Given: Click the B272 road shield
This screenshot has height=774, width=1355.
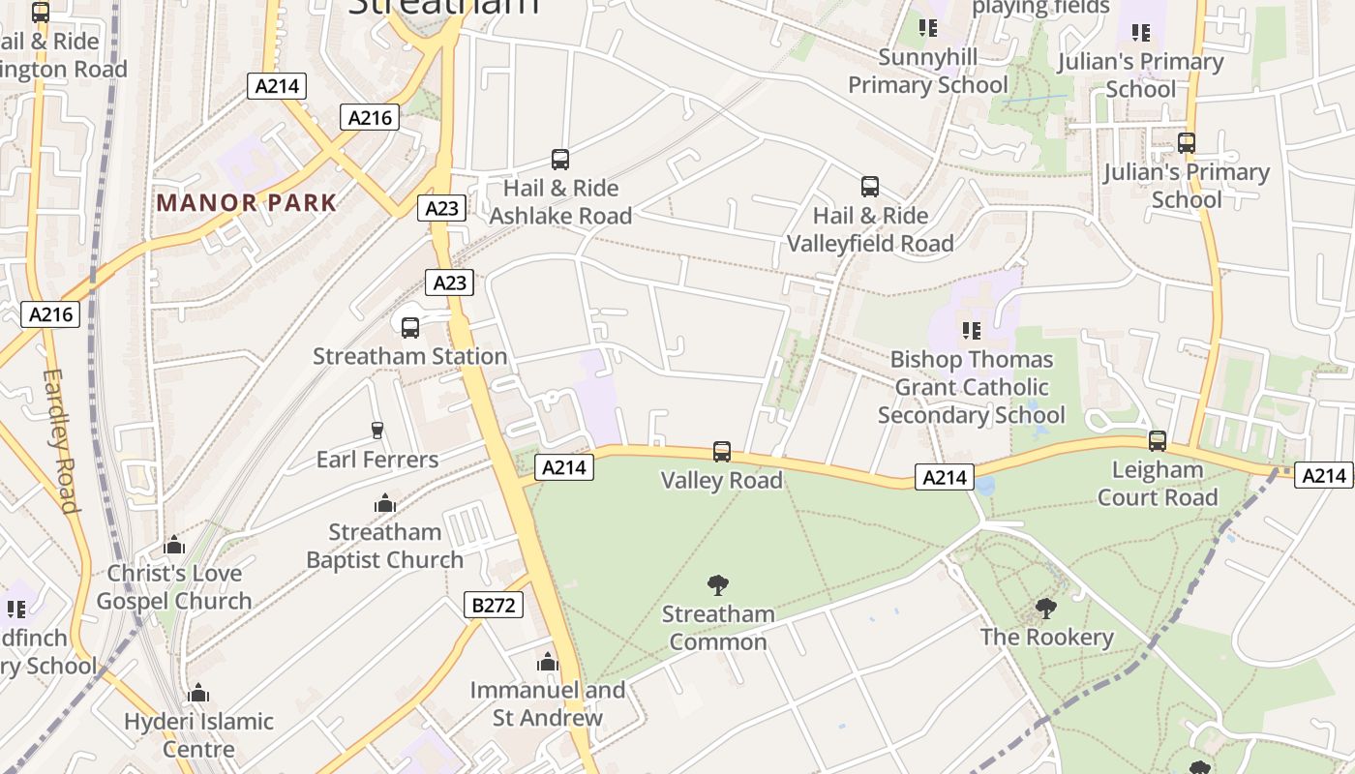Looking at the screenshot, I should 494,606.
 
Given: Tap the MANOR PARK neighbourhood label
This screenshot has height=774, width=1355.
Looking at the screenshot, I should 247,203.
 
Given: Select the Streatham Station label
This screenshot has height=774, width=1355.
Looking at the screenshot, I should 409,356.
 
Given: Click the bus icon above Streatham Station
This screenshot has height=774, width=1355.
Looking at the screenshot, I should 410,327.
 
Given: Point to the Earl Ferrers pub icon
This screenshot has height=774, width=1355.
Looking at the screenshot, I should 377,430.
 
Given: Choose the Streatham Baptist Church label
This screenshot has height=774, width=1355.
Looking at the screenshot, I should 385,546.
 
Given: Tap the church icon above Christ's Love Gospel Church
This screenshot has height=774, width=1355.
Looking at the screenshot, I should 174,545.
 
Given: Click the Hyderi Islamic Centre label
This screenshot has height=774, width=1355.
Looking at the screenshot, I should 198,735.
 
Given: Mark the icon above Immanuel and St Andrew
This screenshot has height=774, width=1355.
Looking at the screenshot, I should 548,662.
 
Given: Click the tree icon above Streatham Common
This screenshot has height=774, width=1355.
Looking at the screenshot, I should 717,584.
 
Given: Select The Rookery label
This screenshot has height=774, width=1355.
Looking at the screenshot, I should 1046,637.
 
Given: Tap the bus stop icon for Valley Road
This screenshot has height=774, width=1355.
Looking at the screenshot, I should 722,451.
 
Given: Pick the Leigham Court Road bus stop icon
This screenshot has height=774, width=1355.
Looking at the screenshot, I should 1158,441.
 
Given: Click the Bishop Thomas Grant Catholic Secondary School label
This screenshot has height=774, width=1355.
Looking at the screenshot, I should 972,387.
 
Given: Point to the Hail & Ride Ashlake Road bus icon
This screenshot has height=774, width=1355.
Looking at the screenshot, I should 559,160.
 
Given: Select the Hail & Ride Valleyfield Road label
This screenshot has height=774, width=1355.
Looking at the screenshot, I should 870,229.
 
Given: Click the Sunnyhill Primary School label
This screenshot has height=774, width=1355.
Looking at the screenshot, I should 928,71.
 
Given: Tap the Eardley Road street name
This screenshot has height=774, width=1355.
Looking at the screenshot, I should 60,440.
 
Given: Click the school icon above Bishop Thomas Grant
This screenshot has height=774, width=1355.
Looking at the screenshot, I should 972,331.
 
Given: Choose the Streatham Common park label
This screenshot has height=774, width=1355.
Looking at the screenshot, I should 718,628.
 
